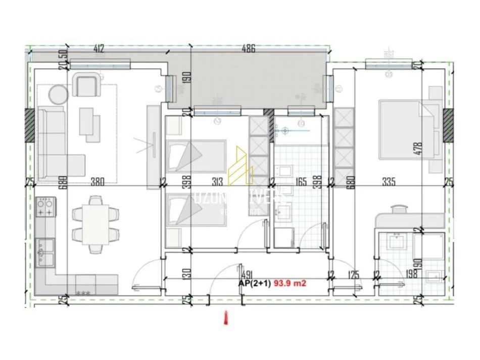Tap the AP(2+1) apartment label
255,283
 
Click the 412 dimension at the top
99,48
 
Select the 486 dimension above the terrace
248,48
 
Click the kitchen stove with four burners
45,207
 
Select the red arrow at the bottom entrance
225,318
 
